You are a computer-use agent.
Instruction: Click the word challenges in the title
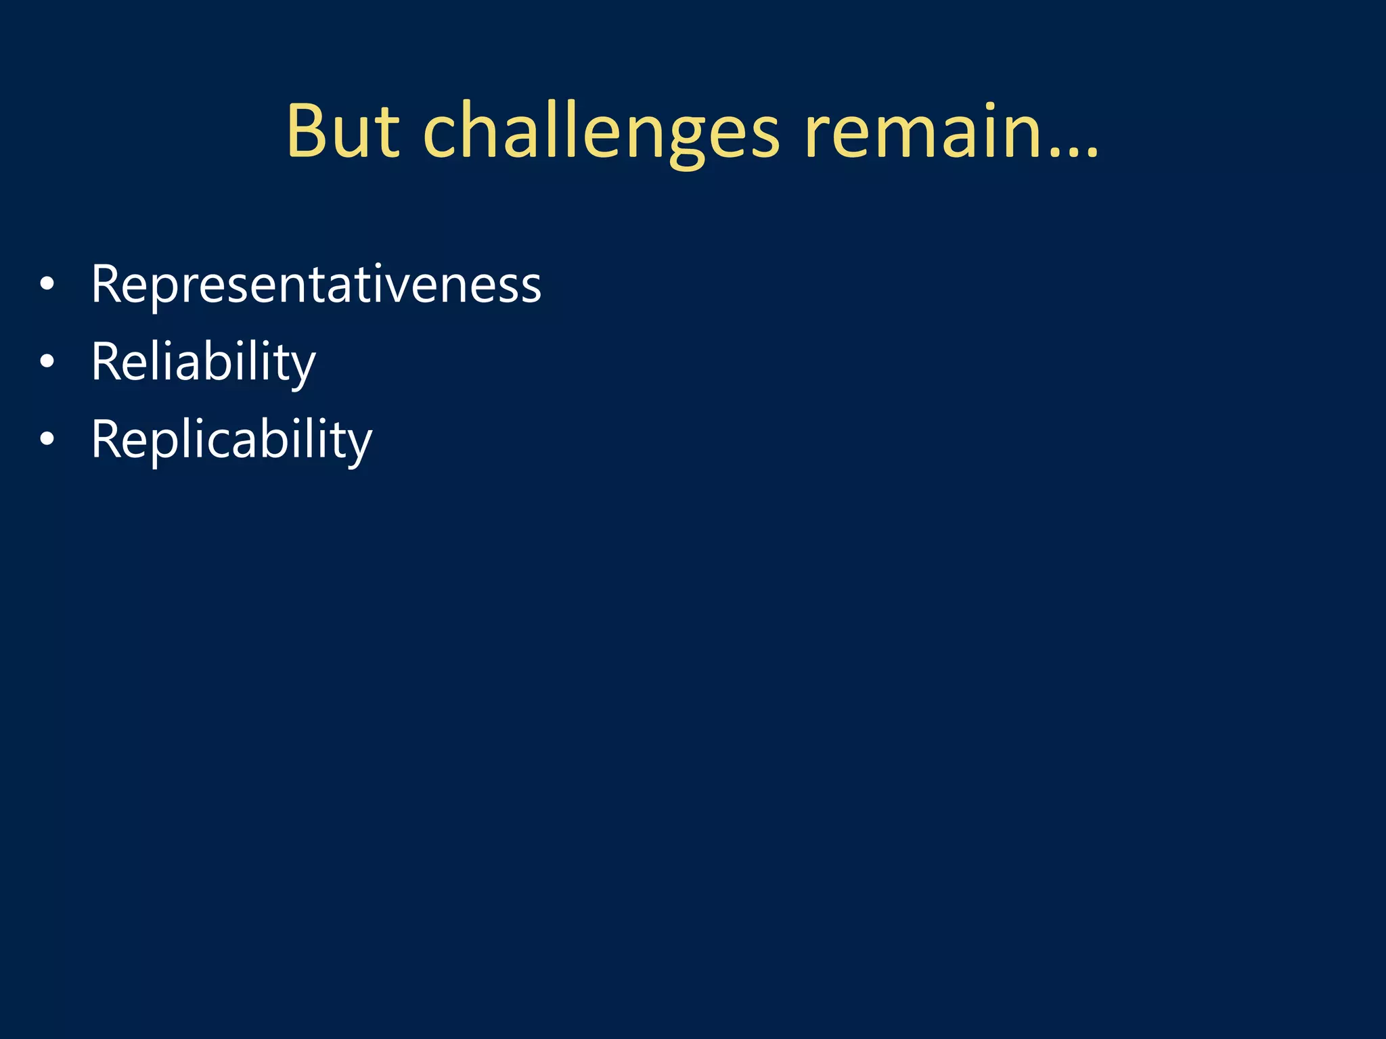[602, 132]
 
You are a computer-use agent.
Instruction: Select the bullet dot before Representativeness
[47, 285]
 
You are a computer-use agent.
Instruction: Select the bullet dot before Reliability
[47, 363]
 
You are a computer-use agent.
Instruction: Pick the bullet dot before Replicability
[47, 440]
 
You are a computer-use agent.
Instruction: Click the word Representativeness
[316, 285]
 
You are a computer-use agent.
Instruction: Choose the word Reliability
[203, 363]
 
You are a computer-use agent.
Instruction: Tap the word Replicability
[231, 440]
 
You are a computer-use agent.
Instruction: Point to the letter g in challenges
[687, 139]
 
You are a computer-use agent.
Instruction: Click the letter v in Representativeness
[417, 287]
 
